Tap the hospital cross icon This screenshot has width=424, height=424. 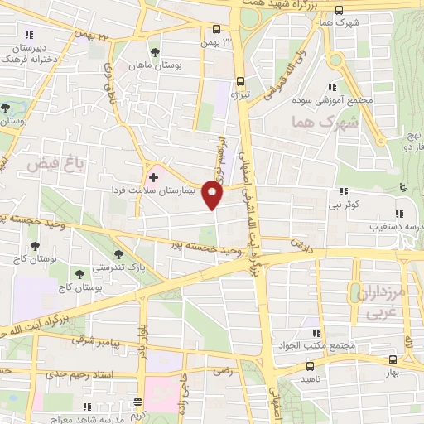[154, 177]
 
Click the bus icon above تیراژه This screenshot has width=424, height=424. [239, 81]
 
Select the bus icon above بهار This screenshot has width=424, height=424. [393, 359]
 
